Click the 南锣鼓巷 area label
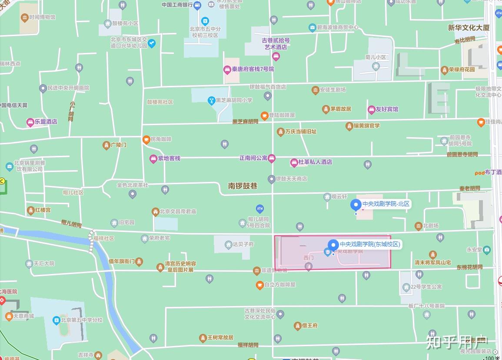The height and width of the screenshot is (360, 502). click(x=243, y=186)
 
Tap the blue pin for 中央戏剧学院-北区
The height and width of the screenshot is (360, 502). click(x=356, y=204)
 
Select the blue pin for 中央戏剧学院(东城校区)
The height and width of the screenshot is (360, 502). click(x=333, y=245)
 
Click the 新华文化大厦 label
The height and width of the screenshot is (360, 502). click(x=469, y=27)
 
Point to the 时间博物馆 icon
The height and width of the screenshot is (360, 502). click(x=24, y=17)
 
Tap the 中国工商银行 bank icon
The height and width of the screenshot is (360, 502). click(x=197, y=5)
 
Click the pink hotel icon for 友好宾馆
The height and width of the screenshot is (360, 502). click(x=371, y=109)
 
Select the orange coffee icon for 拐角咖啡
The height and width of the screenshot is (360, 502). click(x=146, y=139)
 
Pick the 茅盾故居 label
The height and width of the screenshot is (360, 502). click(x=340, y=109)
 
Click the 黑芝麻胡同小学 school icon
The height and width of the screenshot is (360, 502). click(x=211, y=100)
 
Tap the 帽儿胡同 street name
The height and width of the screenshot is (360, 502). click(x=71, y=224)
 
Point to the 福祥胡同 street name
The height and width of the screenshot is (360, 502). click(x=248, y=345)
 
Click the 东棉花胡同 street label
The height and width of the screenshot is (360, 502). click(x=469, y=267)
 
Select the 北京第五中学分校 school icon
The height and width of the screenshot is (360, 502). click(x=56, y=320)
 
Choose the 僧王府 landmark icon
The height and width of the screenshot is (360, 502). click(x=298, y=326)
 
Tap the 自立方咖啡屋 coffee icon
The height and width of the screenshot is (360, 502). click(x=259, y=285)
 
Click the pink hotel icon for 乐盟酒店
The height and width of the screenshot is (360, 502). click(x=30, y=122)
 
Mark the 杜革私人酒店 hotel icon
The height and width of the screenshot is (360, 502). click(x=294, y=162)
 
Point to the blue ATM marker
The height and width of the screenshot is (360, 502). click(x=260, y=208)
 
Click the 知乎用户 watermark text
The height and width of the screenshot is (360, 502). click(x=457, y=342)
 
